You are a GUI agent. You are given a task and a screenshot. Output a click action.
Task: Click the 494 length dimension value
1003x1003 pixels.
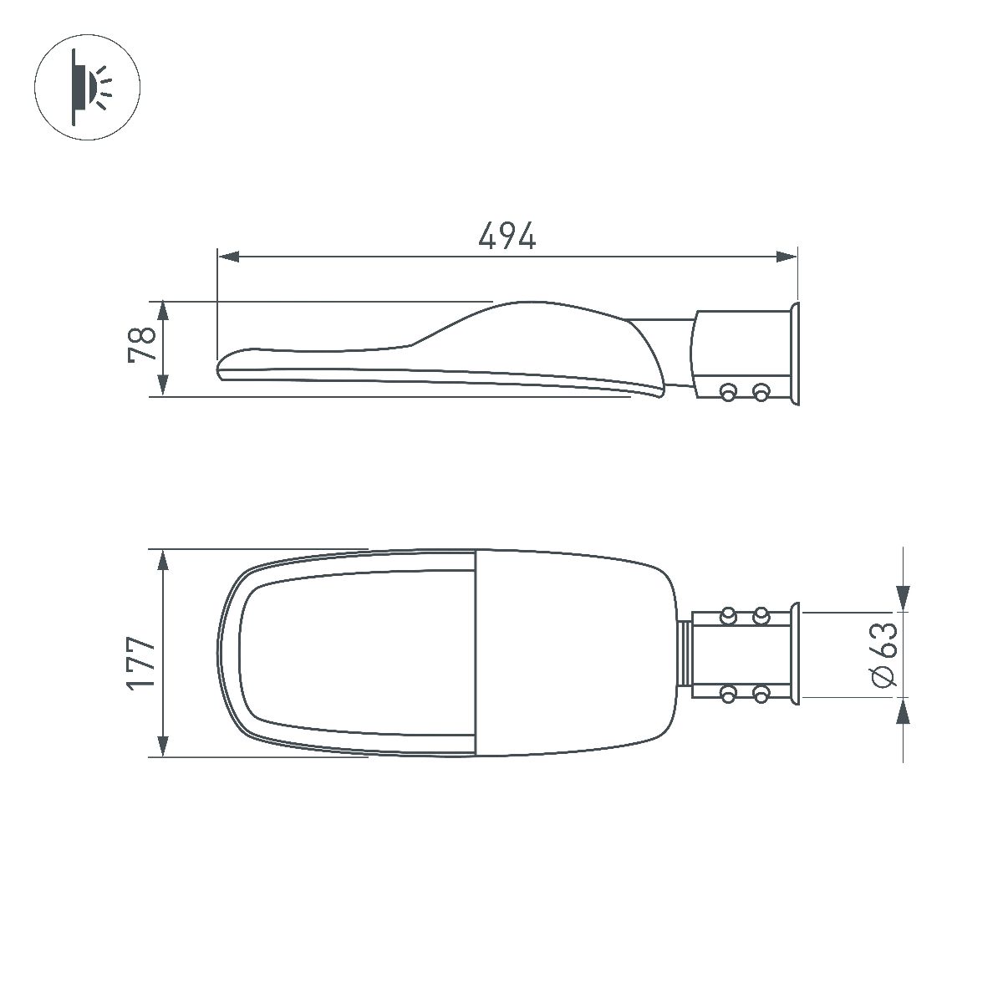tap(507, 237)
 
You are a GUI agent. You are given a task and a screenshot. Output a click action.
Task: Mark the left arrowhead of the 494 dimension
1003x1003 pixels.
tap(228, 257)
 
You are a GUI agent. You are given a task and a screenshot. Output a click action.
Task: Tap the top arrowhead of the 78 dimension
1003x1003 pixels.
tap(163, 313)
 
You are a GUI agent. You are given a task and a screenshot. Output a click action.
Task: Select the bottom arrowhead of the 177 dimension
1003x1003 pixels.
tap(163, 746)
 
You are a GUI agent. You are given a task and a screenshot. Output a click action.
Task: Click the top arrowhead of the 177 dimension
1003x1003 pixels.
tap(163, 561)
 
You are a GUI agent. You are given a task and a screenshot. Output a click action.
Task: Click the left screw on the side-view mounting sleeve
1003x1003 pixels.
tap(728, 390)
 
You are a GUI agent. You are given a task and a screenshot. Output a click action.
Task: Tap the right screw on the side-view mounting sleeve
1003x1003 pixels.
tap(760, 390)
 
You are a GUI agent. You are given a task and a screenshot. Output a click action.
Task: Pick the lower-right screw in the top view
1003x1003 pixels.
tap(760, 693)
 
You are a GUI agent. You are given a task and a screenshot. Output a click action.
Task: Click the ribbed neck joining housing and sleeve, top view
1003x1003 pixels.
tap(685, 654)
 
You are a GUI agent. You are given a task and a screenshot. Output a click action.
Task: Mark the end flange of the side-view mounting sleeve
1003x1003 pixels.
tap(795, 354)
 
